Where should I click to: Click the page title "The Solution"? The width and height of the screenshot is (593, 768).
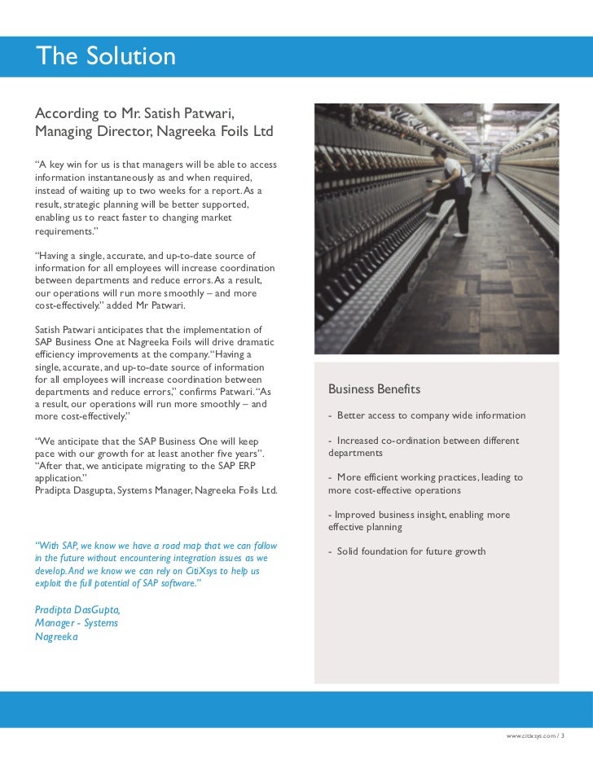tap(105, 56)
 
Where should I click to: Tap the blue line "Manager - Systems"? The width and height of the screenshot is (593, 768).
tap(77, 623)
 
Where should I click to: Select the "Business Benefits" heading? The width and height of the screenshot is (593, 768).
tap(374, 389)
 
